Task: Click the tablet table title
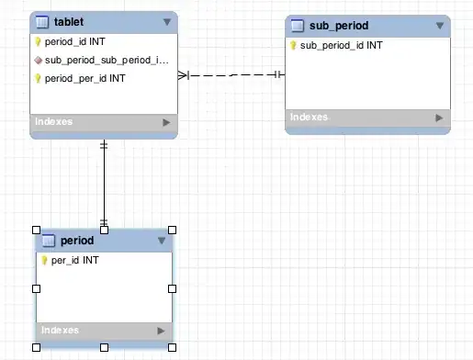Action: [69, 22]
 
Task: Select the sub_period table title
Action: [339, 26]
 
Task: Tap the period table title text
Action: [77, 241]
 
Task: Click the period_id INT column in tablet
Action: [75, 41]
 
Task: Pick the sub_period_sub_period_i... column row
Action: [107, 61]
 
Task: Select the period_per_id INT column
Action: [85, 79]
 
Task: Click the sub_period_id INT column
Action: [341, 46]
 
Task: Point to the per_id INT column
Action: [75, 261]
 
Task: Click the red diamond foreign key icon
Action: [39, 61]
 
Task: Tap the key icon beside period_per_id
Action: [38, 78]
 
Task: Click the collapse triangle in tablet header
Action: [167, 22]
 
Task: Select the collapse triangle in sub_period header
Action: [440, 26]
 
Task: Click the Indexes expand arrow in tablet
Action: [166, 122]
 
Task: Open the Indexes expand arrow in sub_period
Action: [439, 118]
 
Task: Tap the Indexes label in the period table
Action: [60, 331]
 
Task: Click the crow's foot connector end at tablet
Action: [184, 75]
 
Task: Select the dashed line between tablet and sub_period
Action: [231, 75]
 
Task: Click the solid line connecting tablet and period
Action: [104, 183]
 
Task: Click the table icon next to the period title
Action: [49, 241]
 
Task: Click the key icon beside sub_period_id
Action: [293, 46]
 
